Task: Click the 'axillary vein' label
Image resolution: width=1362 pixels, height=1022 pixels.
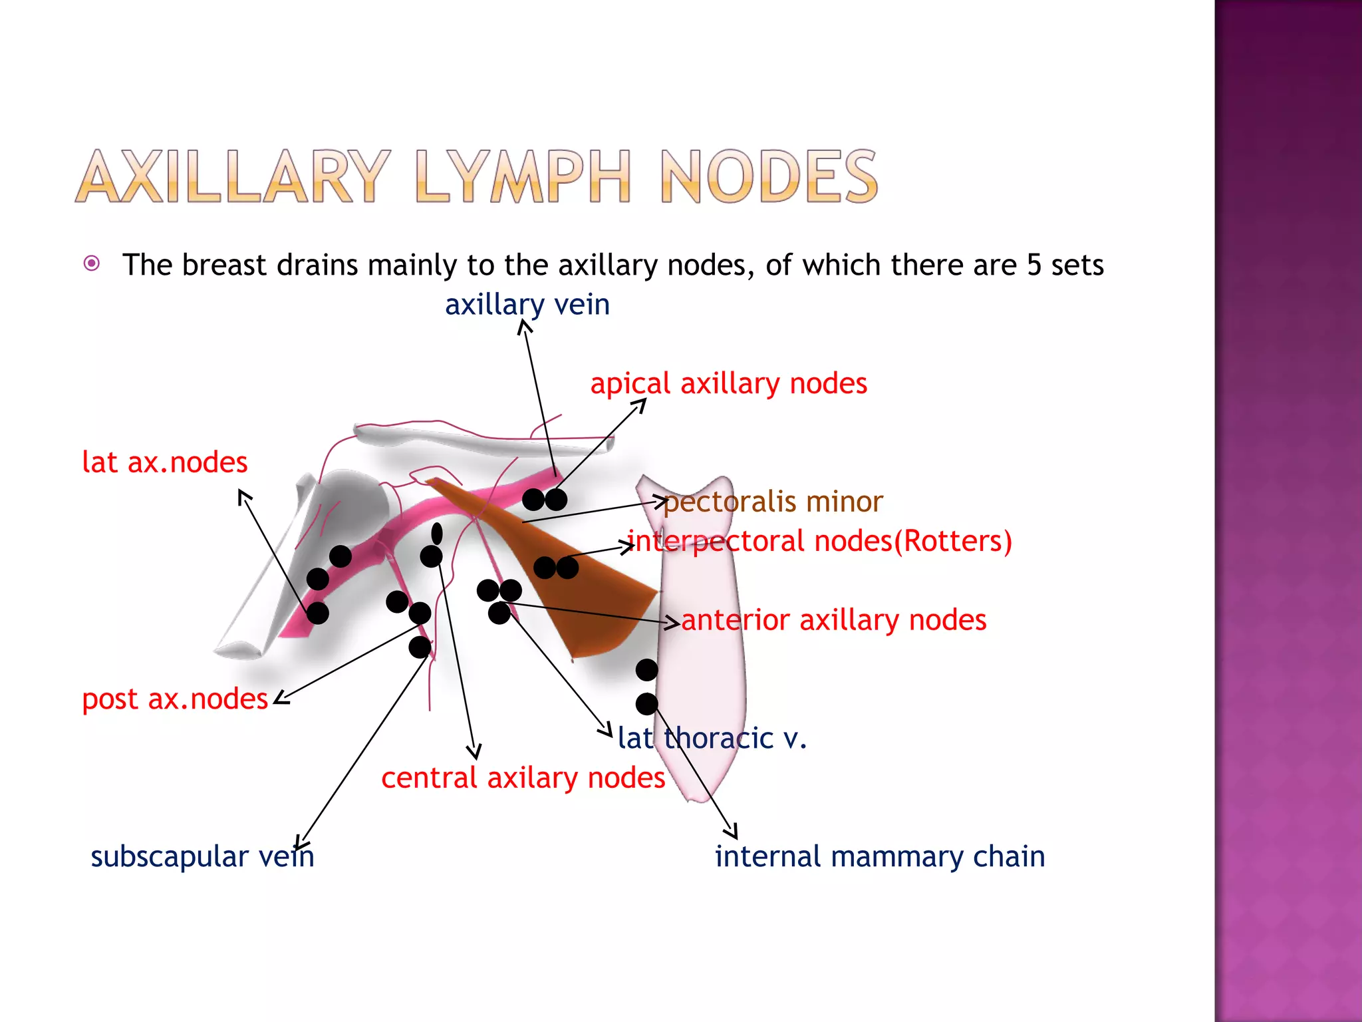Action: click(x=527, y=305)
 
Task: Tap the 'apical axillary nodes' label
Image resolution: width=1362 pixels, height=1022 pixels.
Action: click(x=728, y=384)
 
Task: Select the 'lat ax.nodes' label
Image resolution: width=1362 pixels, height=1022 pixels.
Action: click(x=164, y=462)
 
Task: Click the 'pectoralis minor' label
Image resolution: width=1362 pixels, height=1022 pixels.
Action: click(x=773, y=502)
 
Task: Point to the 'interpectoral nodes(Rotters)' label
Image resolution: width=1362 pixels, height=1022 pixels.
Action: click(x=819, y=541)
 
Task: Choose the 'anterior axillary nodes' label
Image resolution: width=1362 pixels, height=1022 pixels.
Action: click(x=833, y=620)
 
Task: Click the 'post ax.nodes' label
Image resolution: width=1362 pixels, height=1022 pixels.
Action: click(x=174, y=699)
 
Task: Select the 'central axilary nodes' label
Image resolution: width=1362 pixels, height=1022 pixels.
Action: click(x=523, y=778)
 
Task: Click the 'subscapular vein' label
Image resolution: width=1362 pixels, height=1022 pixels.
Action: click(x=202, y=856)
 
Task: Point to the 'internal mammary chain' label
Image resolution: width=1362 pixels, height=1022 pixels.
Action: click(x=879, y=856)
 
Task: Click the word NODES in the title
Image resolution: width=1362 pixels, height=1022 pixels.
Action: click(x=769, y=177)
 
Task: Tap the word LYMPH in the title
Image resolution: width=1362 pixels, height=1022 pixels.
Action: click(x=523, y=177)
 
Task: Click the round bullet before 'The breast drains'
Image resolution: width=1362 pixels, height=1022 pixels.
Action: click(x=92, y=264)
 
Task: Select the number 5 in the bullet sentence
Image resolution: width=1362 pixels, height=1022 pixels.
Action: click(x=1033, y=265)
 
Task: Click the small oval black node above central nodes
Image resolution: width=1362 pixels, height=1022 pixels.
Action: click(x=437, y=533)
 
